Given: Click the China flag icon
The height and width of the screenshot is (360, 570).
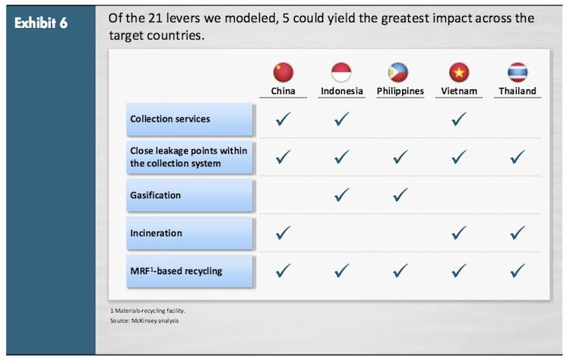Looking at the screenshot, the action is [283, 72].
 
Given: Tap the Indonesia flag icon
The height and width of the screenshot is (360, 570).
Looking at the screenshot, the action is [341, 72].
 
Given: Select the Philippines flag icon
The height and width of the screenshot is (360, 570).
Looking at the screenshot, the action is [398, 72].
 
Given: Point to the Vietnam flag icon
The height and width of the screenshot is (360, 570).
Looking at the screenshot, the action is [459, 72].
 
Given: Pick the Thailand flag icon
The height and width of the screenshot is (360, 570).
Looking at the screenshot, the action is [518, 72].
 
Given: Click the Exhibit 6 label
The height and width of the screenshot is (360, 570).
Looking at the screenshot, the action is [41, 23].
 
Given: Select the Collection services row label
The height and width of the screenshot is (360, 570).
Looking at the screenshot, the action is [170, 118].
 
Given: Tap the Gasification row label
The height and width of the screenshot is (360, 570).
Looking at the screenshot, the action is [155, 195].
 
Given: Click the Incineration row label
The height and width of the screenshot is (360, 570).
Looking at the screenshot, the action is [156, 233].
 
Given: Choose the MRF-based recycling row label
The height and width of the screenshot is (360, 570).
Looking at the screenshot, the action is [176, 271].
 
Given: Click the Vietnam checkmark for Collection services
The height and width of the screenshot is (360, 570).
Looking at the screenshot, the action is [459, 118].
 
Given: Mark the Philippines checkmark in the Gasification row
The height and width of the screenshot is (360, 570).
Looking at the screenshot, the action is [401, 194].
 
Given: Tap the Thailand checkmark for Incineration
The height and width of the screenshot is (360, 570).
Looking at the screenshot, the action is [518, 233].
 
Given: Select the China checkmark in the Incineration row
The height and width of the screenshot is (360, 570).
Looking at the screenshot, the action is [283, 233].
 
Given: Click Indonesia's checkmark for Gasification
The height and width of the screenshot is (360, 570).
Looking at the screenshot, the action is [342, 194].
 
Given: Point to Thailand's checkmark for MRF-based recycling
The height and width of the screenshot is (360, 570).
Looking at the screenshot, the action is [518, 270].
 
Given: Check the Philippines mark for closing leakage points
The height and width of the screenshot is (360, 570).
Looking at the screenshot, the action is [401, 157].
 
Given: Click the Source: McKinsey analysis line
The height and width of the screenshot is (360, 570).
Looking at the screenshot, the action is [144, 321].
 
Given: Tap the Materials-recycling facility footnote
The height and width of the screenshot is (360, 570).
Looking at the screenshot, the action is [148, 311].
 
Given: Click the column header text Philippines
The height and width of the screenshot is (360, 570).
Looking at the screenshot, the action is [401, 91].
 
